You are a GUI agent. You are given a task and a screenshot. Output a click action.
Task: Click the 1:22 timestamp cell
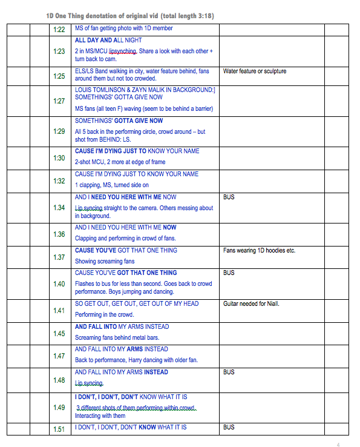59,29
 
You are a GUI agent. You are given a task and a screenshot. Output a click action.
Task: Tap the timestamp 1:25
59,76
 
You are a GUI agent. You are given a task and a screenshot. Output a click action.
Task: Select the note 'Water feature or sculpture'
255,71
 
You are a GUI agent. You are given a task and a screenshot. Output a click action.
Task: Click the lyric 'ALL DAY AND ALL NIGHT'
108,40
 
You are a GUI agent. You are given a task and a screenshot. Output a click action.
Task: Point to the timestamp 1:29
59,131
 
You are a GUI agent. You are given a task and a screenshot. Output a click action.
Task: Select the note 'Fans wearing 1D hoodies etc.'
259,250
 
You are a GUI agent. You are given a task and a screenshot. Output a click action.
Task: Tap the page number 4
338,445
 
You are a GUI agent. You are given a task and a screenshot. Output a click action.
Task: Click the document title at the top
129,15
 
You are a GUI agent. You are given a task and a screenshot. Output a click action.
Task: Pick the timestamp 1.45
59,334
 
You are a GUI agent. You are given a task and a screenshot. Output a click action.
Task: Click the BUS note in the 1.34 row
229,197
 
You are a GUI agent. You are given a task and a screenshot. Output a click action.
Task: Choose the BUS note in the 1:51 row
229,427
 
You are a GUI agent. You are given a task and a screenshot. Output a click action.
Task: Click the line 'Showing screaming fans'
105,261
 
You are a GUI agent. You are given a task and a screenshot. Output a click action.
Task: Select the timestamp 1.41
59,311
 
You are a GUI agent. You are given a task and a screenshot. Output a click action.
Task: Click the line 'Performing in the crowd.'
104,314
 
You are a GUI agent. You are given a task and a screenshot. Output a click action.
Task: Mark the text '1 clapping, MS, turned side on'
111,185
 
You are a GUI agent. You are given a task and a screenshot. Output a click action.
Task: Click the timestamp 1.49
59,408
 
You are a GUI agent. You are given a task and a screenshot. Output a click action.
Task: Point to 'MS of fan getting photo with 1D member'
123,28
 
